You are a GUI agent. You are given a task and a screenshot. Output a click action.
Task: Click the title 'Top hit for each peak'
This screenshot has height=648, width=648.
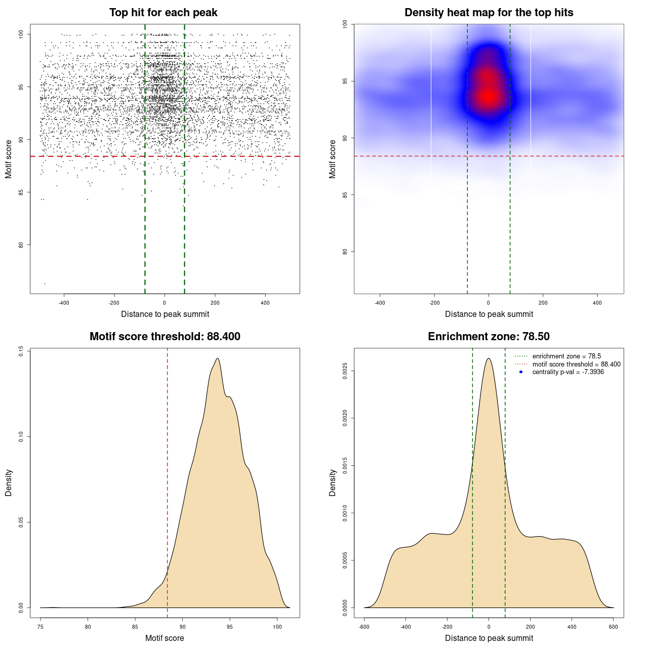click(x=164, y=13)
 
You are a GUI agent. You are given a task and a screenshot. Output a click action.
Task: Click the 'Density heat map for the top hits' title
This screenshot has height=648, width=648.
click(x=489, y=13)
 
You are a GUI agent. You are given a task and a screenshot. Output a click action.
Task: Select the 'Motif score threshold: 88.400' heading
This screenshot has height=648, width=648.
click(x=165, y=337)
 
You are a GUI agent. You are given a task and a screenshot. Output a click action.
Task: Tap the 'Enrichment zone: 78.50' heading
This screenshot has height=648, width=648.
click(x=489, y=337)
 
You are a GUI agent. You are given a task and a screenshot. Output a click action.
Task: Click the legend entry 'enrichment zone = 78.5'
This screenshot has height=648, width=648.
click(x=566, y=356)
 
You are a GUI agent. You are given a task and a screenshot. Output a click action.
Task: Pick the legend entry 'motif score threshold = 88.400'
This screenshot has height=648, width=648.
click(x=576, y=364)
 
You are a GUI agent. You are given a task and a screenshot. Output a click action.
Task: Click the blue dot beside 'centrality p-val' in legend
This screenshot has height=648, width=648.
click(x=521, y=372)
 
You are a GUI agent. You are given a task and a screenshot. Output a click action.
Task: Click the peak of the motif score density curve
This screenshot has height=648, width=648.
click(x=218, y=358)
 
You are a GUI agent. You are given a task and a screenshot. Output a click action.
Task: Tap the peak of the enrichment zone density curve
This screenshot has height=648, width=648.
click(x=489, y=358)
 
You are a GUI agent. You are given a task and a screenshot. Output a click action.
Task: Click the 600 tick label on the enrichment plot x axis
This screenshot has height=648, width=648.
click(x=614, y=627)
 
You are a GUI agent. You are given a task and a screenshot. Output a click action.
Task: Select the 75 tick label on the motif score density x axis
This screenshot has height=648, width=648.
click(x=41, y=627)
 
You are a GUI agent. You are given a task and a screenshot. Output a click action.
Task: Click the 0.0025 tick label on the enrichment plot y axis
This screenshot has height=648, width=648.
click(x=345, y=371)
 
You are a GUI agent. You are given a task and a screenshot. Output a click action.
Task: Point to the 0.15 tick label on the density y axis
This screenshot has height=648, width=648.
click(x=21, y=351)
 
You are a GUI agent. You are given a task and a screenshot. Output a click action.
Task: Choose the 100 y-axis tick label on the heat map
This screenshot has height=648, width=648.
click(x=345, y=24)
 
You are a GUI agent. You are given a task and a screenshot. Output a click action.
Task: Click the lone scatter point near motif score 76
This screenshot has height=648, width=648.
click(x=45, y=283)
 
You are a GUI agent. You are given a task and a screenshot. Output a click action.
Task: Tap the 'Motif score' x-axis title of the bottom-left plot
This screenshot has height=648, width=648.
click(x=165, y=638)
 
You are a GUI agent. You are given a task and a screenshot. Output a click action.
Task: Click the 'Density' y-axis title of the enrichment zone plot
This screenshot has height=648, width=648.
click(x=333, y=482)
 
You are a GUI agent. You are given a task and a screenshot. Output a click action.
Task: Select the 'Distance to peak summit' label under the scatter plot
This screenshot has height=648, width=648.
click(x=165, y=314)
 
